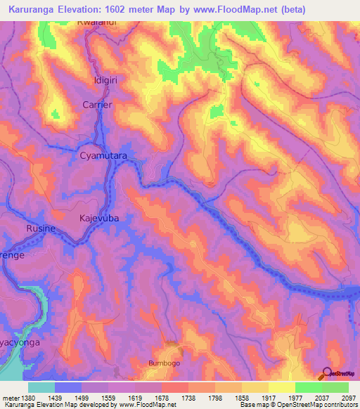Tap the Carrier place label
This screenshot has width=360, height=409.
click(x=98, y=104)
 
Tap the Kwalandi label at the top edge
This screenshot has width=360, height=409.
click(x=96, y=23)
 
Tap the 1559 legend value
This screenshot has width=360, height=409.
click(x=108, y=397)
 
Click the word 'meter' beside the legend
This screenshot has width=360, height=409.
click(x=11, y=397)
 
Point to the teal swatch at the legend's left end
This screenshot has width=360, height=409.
click(x=41, y=387)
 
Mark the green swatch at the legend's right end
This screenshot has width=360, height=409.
click(x=335, y=387)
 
